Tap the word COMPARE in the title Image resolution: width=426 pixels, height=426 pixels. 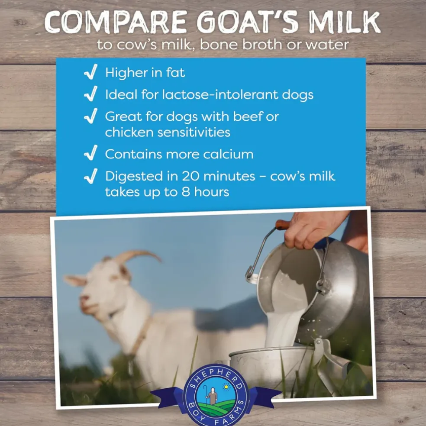[x=116, y=22]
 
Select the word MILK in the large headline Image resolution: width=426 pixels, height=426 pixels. [x=344, y=22]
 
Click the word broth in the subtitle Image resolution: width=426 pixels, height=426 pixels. [x=262, y=45]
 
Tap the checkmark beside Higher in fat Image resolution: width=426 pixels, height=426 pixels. [x=91, y=72]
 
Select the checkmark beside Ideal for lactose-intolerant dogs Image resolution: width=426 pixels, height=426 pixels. [x=91, y=94]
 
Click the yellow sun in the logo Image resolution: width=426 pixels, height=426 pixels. [x=226, y=386]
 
